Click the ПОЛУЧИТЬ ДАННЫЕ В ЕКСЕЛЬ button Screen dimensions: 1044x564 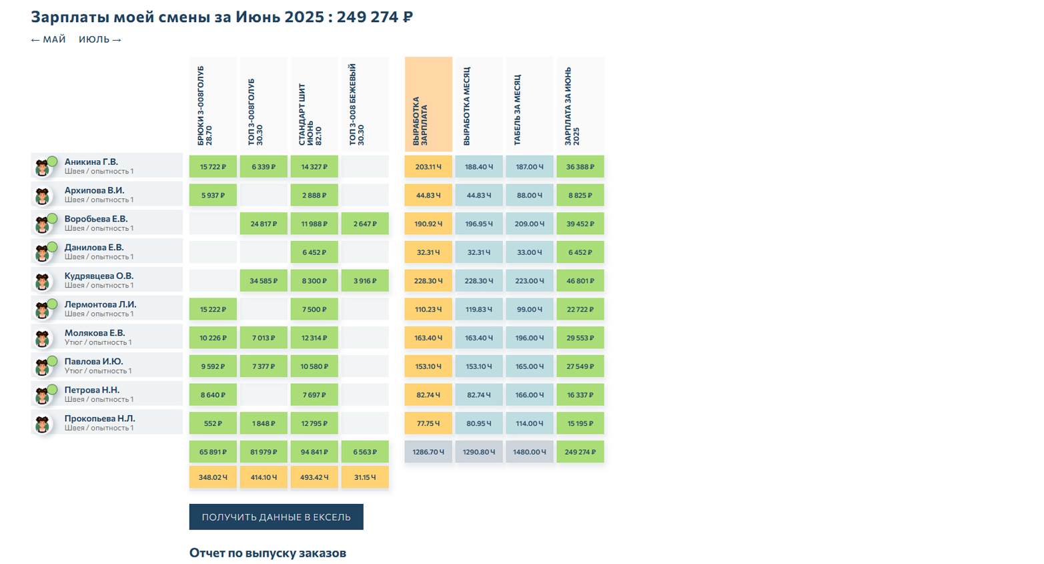pyautogui.click(x=276, y=517)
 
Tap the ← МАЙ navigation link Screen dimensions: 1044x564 pyautogui.click(x=49, y=39)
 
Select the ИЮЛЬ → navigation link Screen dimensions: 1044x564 pyautogui.click(x=100, y=39)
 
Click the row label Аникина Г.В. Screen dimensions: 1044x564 pyautogui.click(x=91, y=162)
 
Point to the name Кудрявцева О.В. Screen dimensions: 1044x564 pyautogui.click(x=99, y=276)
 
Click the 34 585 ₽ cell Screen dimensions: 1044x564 pyautogui.click(x=264, y=281)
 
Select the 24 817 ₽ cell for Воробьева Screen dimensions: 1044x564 pyautogui.click(x=264, y=224)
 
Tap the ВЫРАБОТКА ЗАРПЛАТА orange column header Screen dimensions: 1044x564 pyautogui.click(x=428, y=104)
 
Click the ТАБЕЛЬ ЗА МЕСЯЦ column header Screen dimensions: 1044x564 pyautogui.click(x=530, y=104)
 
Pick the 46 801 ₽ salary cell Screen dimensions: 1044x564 pyautogui.click(x=580, y=281)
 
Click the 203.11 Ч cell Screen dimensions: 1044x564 pyautogui.click(x=428, y=167)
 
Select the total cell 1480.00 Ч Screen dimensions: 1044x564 pyautogui.click(x=530, y=452)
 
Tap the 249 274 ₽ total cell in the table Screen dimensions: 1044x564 pyautogui.click(x=580, y=452)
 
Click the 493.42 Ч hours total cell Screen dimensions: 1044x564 pyautogui.click(x=314, y=477)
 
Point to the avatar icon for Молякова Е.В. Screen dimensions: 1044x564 pyautogui.click(x=43, y=338)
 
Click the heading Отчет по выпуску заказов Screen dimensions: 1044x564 pyautogui.click(x=268, y=553)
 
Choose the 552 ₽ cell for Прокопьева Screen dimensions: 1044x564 pyautogui.click(x=213, y=423)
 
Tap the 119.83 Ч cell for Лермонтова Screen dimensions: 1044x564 pyautogui.click(x=479, y=309)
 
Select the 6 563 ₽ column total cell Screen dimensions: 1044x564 pyautogui.click(x=365, y=452)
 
